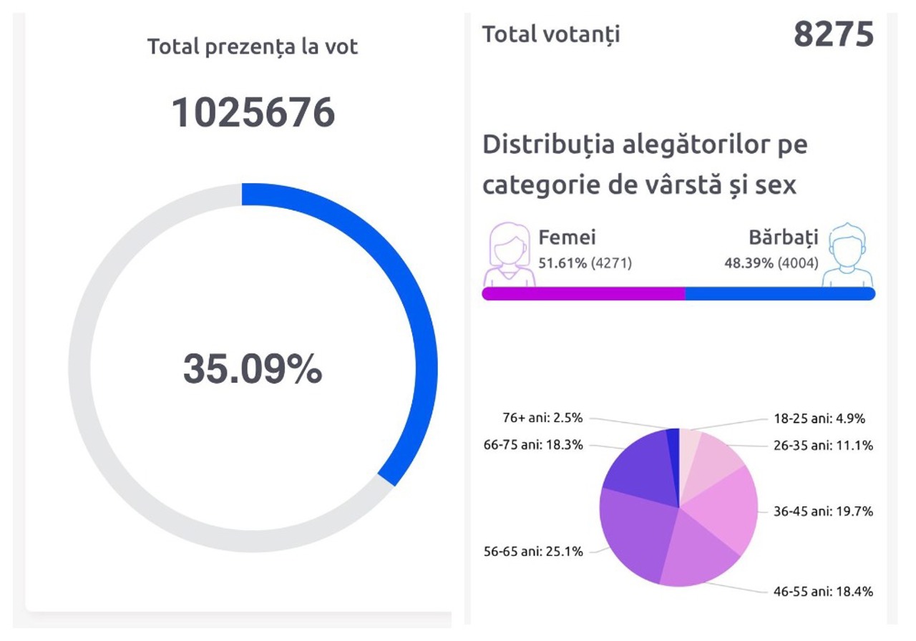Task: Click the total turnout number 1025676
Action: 253,112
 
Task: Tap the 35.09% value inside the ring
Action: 253,369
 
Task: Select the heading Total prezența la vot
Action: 253,47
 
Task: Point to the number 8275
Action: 834,34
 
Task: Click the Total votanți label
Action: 551,34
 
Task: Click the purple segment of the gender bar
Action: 583,294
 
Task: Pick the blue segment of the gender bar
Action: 780,294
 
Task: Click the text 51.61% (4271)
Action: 585,263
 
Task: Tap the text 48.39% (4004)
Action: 771,263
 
